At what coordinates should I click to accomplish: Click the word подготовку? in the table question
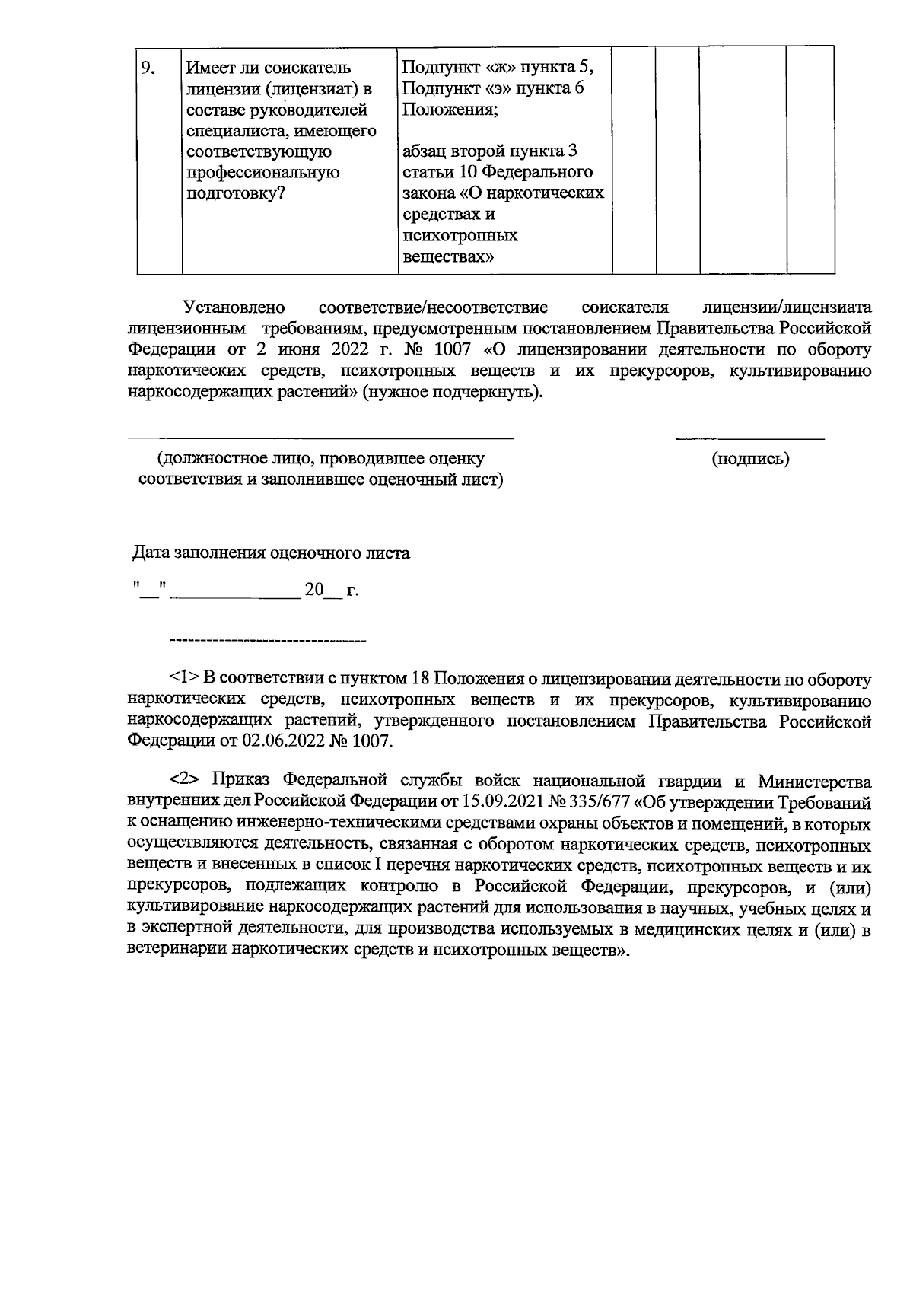(236, 193)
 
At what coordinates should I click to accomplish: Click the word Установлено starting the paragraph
(234, 307)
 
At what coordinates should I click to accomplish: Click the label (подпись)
(750, 459)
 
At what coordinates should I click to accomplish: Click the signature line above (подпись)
(750, 438)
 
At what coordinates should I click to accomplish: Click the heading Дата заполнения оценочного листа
(272, 553)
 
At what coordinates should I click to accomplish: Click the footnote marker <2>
(183, 781)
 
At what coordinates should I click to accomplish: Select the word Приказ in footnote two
(240, 781)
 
